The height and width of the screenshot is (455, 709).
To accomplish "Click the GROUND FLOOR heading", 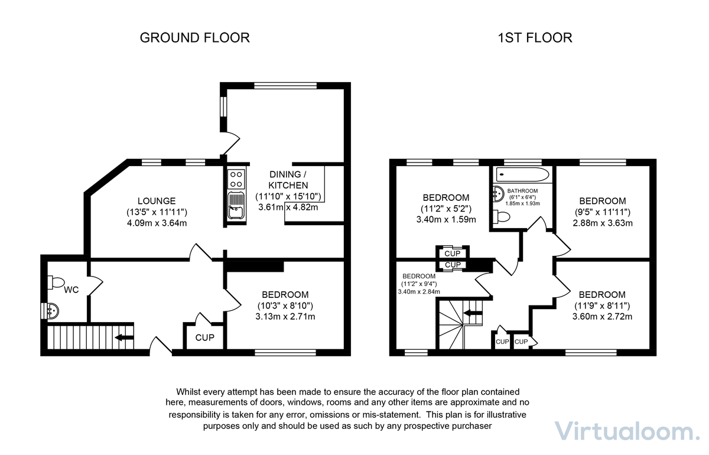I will [x=194, y=38].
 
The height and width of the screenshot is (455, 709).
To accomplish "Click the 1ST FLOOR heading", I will [x=535, y=38].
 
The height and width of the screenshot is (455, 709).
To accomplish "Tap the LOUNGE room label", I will [x=157, y=201].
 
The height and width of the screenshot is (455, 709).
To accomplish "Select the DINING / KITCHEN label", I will [x=288, y=180].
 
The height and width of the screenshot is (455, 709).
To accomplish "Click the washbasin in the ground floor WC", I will [x=52, y=310].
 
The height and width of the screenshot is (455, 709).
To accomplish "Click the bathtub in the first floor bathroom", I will [x=523, y=174].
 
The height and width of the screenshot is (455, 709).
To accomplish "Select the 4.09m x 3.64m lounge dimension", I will [x=157, y=223].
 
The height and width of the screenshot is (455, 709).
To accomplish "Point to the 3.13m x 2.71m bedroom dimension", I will [x=285, y=316].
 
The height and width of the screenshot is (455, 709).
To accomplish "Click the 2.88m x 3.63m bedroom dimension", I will [x=602, y=223].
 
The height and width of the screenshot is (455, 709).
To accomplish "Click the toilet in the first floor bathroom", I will [x=502, y=217].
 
